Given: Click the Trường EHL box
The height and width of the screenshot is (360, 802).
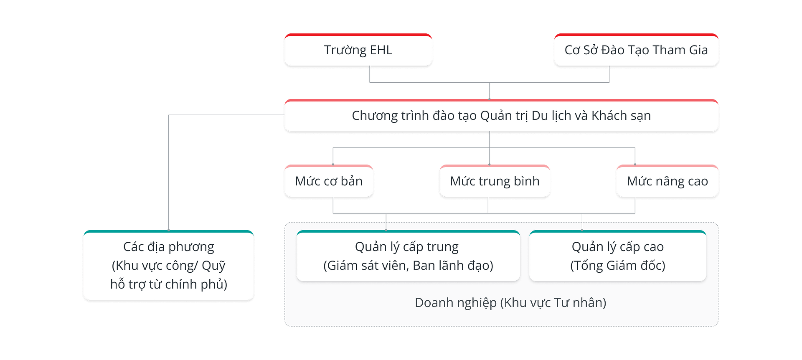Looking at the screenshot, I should point(358,50).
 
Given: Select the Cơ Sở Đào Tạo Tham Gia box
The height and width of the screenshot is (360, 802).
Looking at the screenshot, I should point(636,50).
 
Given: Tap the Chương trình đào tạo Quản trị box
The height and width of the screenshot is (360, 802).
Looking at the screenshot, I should point(501,116).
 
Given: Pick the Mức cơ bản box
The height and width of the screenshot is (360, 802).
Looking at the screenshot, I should point(329,181).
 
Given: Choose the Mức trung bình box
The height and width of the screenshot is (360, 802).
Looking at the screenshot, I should point(495,181).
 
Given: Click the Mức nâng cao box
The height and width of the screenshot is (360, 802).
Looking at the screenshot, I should point(667,181).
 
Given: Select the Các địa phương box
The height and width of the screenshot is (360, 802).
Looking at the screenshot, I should point(168,266).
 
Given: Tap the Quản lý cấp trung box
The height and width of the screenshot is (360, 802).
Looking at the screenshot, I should point(408,256).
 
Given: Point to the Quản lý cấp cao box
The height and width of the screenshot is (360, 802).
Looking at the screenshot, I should point(617,256).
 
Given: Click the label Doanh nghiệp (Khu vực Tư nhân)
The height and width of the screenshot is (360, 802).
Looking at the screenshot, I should point(510,303).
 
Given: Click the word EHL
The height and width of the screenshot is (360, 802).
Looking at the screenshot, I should point(381,50).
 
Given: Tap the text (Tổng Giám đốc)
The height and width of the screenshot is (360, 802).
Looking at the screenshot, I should point(617,266).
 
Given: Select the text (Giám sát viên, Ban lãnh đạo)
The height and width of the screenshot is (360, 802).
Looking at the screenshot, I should point(408,266).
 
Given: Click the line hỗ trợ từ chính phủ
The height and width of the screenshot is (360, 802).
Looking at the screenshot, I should point(168,284).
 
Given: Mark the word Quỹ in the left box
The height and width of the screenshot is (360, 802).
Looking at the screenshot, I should point(213,266).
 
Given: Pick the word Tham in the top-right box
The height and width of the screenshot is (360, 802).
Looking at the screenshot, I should point(669,50).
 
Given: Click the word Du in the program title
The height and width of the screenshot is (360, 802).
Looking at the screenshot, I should point(540,116).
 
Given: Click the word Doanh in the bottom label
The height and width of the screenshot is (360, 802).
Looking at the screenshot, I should point(434,303).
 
